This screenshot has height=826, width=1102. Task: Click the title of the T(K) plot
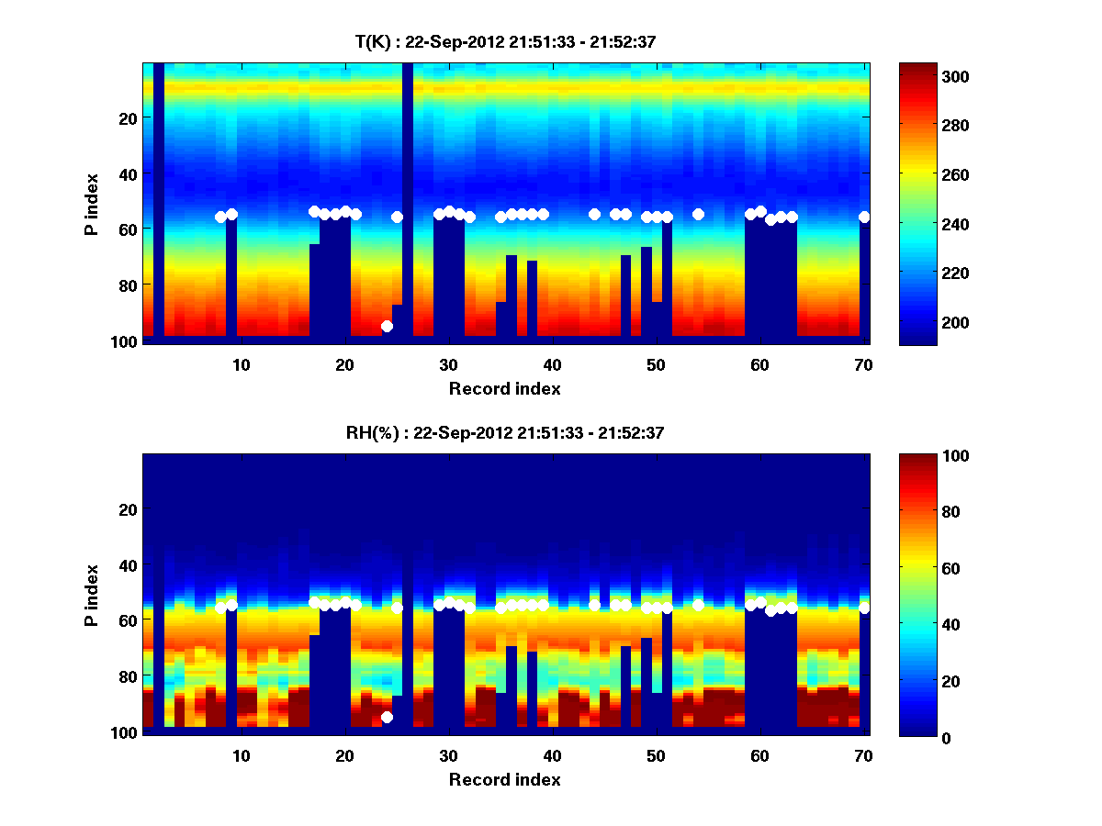507,41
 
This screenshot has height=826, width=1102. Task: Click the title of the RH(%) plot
505,433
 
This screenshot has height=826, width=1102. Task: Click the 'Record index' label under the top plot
505,388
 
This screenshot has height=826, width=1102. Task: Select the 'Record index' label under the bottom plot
505,779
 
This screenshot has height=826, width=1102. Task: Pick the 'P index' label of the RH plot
92,595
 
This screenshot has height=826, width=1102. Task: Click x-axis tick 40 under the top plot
552,363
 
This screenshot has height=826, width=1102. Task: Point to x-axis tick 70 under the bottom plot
862,755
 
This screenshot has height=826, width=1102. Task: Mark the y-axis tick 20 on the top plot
127,117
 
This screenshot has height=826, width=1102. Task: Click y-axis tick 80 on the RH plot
127,676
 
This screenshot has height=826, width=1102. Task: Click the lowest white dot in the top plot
387,326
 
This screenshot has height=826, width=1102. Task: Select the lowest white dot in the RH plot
387,717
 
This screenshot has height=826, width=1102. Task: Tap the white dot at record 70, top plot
864,217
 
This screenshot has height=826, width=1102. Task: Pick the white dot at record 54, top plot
698,214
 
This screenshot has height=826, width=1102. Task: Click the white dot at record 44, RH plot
594,605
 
